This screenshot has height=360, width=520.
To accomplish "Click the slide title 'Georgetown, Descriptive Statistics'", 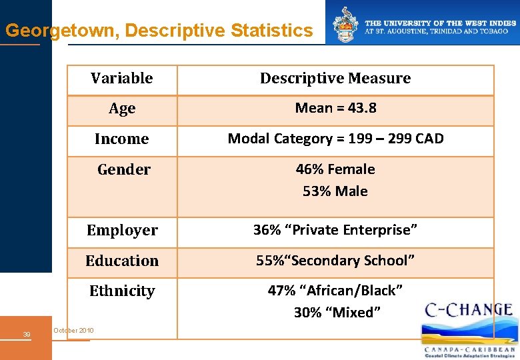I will coord(159,31).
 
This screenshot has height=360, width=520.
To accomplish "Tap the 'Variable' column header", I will coord(122,79).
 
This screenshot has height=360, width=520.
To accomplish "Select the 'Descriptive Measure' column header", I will coord(335,79).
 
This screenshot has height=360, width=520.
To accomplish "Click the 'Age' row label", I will coord(122,109).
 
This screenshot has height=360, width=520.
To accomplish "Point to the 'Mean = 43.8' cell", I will coord(335,108).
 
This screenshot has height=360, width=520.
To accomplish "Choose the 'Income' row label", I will coord(122,139).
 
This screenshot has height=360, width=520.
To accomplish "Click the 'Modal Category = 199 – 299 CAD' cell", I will coord(335,139).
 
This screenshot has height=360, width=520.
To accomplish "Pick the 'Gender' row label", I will coord(124,170).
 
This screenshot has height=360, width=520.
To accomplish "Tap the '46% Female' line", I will coord(335,169).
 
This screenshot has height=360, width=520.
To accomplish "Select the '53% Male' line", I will coord(335,191).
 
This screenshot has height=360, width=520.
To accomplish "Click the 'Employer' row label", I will coord(122,231).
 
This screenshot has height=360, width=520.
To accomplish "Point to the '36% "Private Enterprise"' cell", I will coord(335,230).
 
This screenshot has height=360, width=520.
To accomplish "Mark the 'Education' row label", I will coord(122,261).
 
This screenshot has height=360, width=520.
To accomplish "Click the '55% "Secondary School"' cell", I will coord(335,261).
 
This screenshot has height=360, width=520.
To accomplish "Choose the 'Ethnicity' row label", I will coord(122,291).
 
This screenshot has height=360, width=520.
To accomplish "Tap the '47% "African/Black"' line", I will coord(335,291).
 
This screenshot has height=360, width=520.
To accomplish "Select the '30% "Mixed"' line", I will coord(337,313).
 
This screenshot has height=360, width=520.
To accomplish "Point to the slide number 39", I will coord(27,334).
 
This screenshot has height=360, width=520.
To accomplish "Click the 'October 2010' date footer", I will coord(73,331).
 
